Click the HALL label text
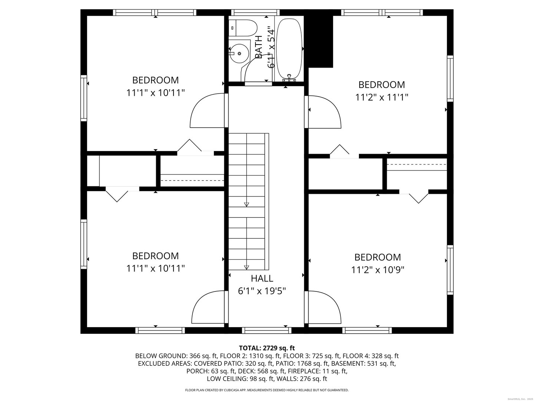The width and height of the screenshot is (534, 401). coord(262,278)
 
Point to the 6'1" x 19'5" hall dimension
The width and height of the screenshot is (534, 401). coord(262,291)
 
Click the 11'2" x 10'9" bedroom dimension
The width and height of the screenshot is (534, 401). coord(378,270)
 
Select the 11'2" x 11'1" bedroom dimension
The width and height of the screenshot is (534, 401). coord(382,97)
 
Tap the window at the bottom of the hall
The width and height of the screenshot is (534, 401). coord(266,330)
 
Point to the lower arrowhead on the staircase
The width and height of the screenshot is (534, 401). coord(246,267)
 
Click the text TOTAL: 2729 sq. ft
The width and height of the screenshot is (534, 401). coord(267,348)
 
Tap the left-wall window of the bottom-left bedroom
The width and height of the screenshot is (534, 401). coord(84,244)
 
